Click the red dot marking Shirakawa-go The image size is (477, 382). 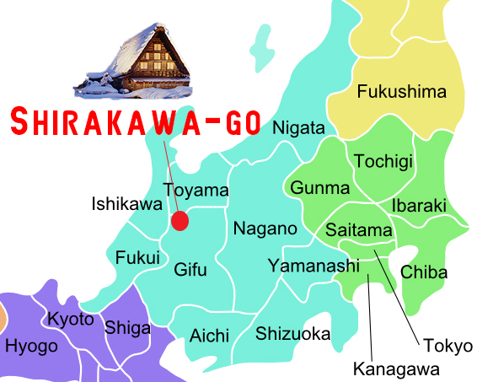(x=179, y=221)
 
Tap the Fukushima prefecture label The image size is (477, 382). (x=401, y=92)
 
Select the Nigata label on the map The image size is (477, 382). (x=298, y=128)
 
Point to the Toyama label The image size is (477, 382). (x=196, y=191)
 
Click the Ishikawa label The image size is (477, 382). (x=126, y=204)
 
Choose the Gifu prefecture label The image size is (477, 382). (x=190, y=271)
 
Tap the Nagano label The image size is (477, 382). (x=265, y=229)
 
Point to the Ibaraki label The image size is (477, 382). (x=419, y=205)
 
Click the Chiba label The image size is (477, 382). (x=424, y=272)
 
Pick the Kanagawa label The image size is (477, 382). (x=396, y=369)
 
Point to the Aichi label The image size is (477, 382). (x=209, y=335)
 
